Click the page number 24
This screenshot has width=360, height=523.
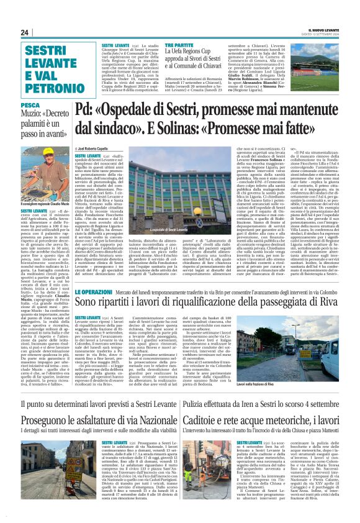coord(24,32)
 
